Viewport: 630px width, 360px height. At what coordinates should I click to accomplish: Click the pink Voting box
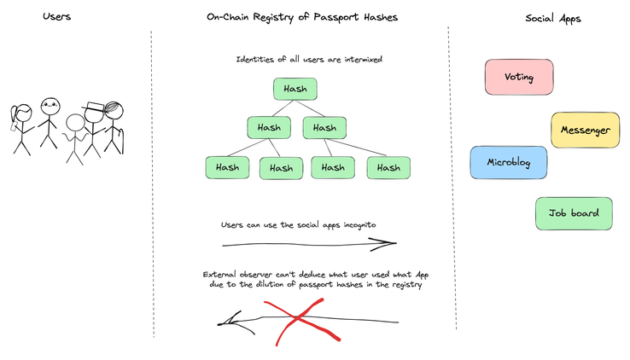(x=519, y=77)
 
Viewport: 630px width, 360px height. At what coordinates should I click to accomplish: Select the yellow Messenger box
(x=585, y=130)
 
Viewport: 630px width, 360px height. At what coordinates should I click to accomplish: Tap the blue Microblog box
(x=508, y=162)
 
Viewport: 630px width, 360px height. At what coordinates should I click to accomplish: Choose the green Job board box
(x=574, y=213)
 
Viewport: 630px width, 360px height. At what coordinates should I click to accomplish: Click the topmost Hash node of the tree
(x=295, y=89)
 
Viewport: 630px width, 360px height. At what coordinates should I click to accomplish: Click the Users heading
(x=56, y=16)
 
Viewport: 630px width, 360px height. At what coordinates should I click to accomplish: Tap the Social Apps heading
(x=553, y=19)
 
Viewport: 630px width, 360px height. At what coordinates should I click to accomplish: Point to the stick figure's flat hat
(x=94, y=106)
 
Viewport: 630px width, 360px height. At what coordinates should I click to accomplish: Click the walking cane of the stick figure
(x=121, y=141)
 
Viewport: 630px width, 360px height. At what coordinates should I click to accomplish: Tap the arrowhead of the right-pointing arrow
(x=383, y=243)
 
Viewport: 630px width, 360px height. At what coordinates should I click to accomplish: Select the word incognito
(x=359, y=225)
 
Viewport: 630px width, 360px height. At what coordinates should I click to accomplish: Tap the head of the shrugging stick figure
(x=75, y=123)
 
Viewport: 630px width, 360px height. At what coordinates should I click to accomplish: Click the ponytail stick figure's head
(x=23, y=113)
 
